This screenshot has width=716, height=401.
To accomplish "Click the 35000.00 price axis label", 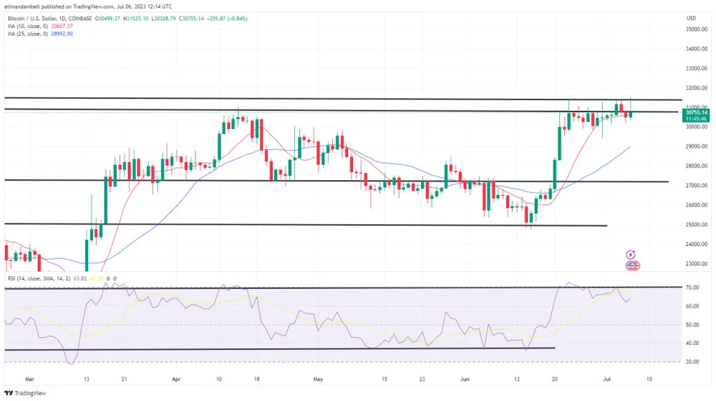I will pyautogui.click(x=696, y=30).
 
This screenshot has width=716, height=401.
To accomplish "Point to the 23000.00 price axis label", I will pyautogui.click(x=696, y=264).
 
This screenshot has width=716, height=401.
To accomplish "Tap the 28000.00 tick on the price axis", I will pyautogui.click(x=696, y=166).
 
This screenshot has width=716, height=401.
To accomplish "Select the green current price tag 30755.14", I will pyautogui.click(x=697, y=113).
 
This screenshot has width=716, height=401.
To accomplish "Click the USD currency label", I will pyautogui.click(x=691, y=18).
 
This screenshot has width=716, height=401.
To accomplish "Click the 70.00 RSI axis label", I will pyautogui.click(x=692, y=287).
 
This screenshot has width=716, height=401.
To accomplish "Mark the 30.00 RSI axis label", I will pyautogui.click(x=692, y=362).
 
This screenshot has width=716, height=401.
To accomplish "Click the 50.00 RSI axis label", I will pyautogui.click(x=692, y=324).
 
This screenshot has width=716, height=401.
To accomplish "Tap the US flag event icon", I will pyautogui.click(x=633, y=265).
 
